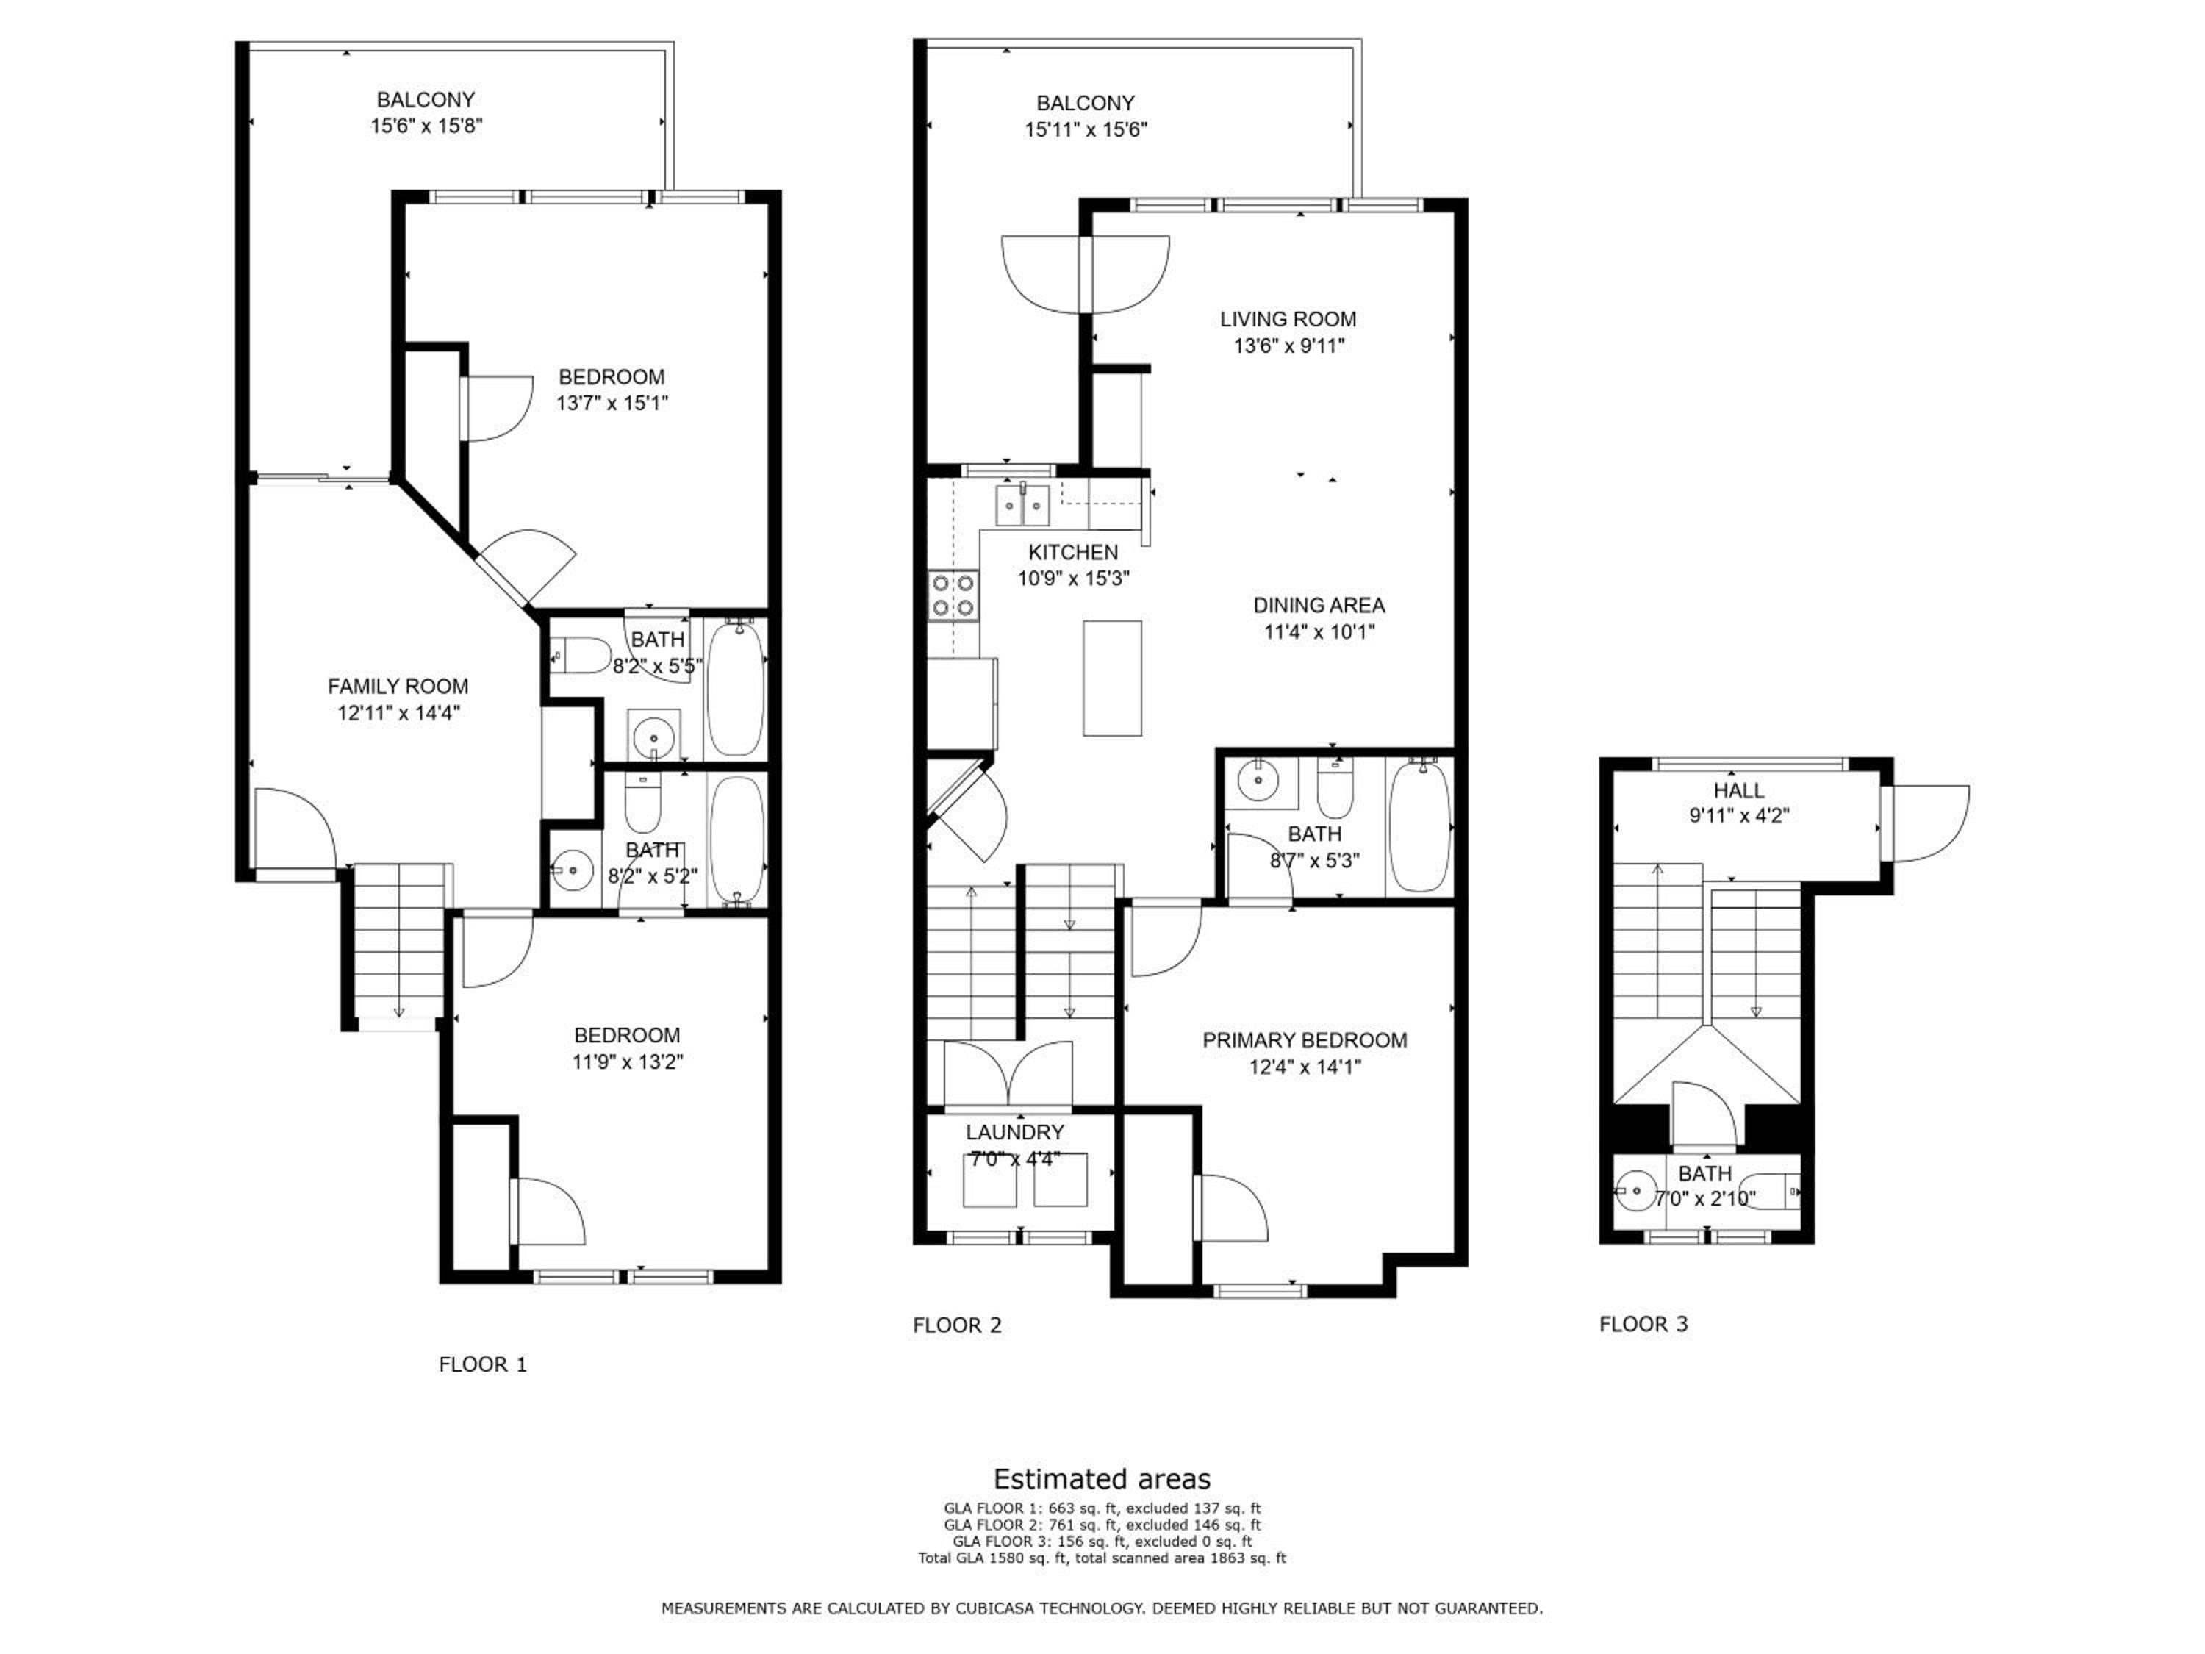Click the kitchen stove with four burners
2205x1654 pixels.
pyautogui.click(x=953, y=596)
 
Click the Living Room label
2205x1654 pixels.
pyautogui.click(x=1288, y=319)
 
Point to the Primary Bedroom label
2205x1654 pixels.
pyautogui.click(x=1305, y=1040)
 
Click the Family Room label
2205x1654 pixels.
pyautogui.click(x=398, y=686)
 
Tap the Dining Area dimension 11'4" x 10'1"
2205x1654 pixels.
pyautogui.click(x=1319, y=631)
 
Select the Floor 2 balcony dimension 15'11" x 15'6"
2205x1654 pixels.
pyautogui.click(x=1086, y=129)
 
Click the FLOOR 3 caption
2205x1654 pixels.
pyautogui.click(x=1643, y=1324)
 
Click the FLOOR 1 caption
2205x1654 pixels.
pyautogui.click(x=482, y=1364)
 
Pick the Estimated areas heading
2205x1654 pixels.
pyautogui.click(x=1102, y=1478)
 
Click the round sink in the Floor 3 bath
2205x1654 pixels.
pyautogui.click(x=1634, y=1190)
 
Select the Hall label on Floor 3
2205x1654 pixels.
pyautogui.click(x=1738, y=790)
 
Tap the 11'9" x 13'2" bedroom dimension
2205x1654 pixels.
pyautogui.click(x=627, y=1062)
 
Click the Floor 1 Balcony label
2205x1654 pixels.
pyautogui.click(x=426, y=100)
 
